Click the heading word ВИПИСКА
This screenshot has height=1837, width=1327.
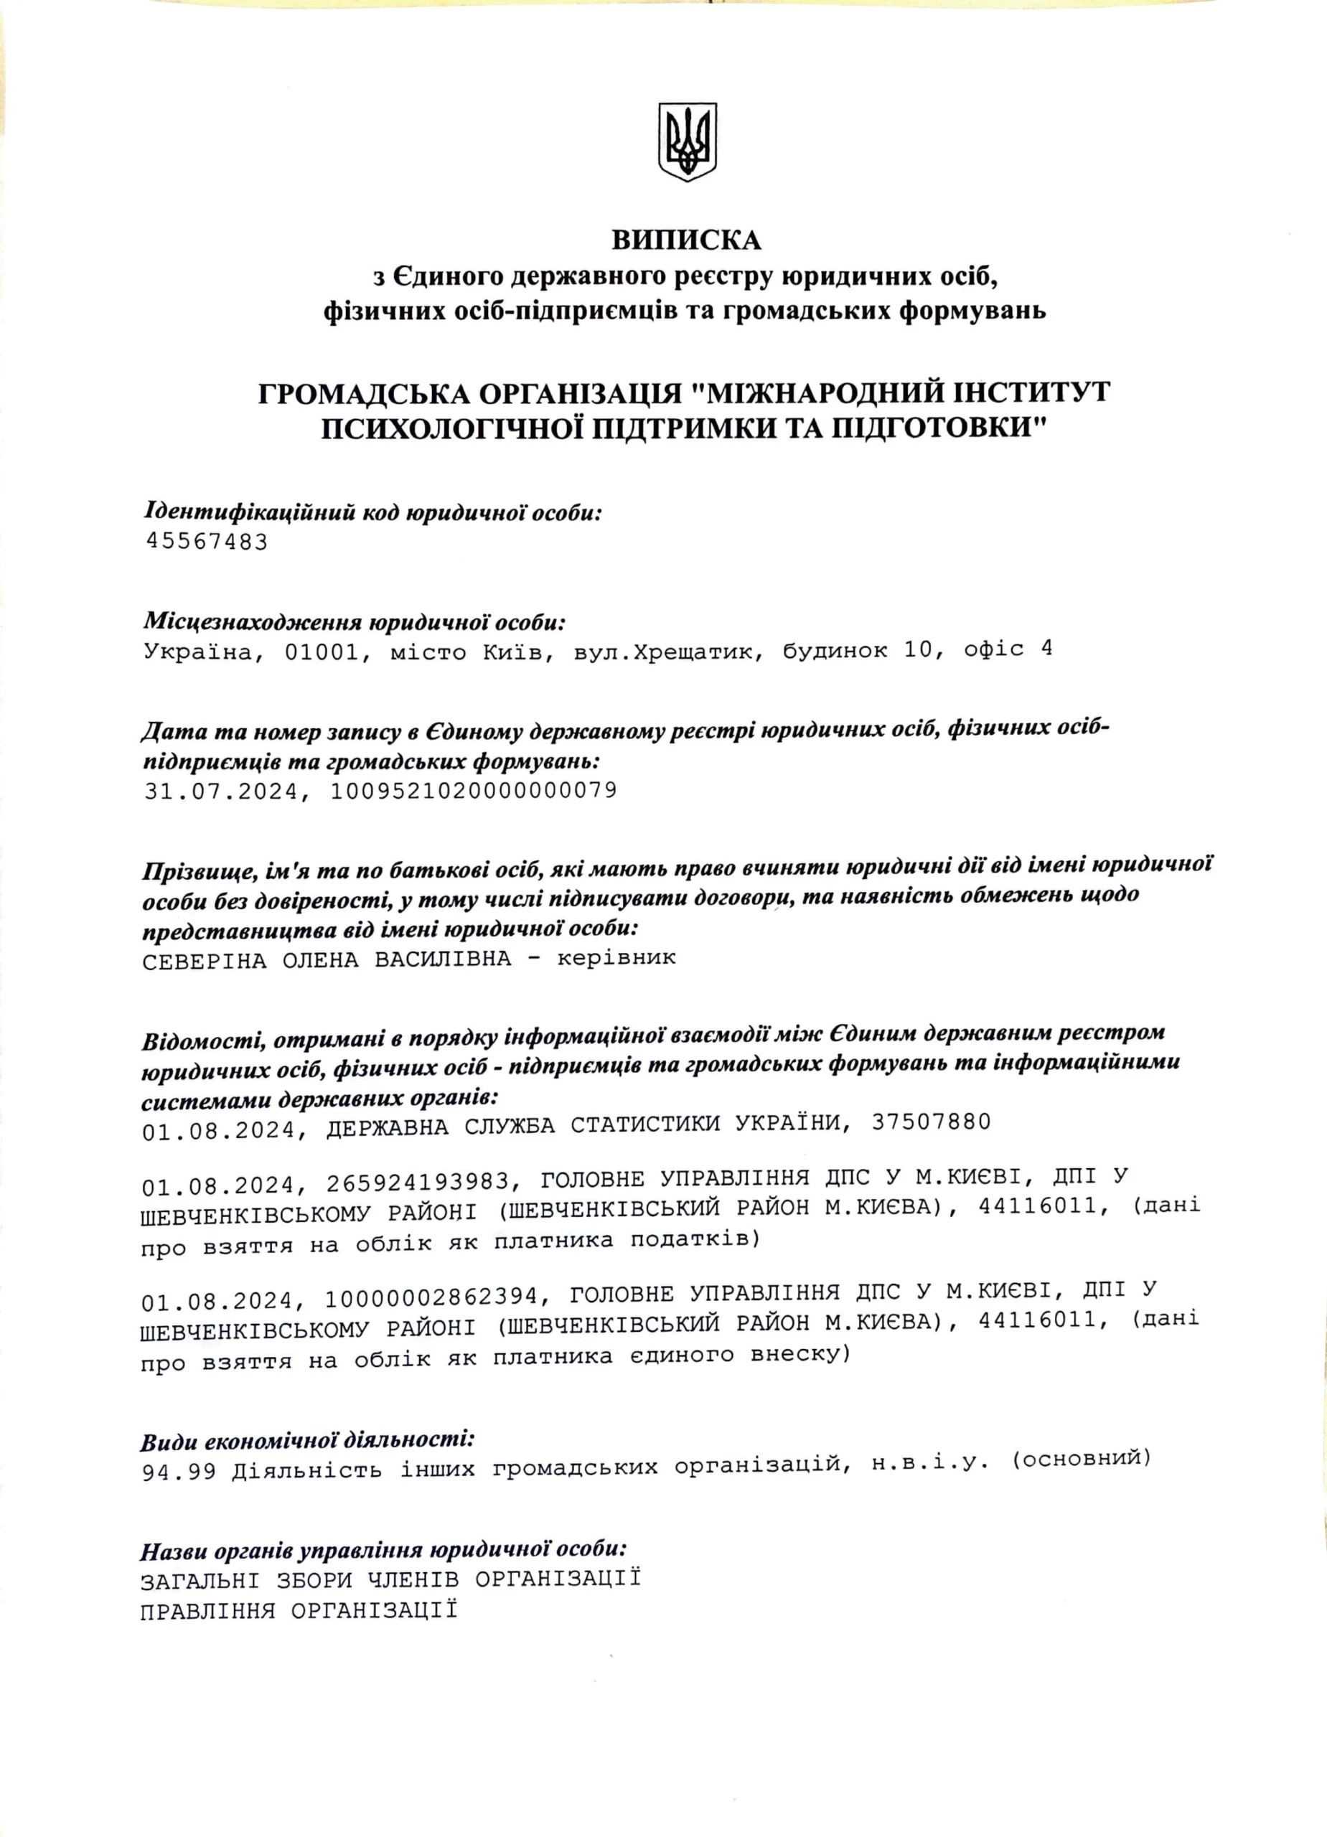pyautogui.click(x=686, y=240)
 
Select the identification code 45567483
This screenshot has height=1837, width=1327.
pyautogui.click(x=206, y=541)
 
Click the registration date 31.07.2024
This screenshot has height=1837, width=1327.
pyautogui.click(x=221, y=791)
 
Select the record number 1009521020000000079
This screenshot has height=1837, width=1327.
pyautogui.click(x=473, y=790)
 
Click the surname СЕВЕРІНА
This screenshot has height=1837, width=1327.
pyautogui.click(x=204, y=961)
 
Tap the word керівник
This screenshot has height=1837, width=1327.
pyautogui.click(x=616, y=958)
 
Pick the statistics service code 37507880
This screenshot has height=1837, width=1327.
pyautogui.click(x=931, y=1122)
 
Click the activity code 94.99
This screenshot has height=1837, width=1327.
pyautogui.click(x=179, y=1471)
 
